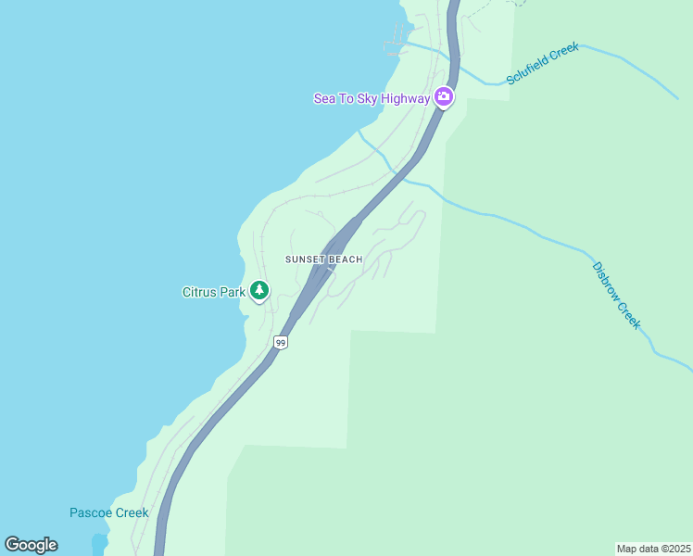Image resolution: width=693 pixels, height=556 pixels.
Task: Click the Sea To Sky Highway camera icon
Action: [444, 97]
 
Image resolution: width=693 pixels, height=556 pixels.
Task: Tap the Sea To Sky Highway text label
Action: [372, 98]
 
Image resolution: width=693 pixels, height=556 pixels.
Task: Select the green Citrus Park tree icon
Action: [259, 291]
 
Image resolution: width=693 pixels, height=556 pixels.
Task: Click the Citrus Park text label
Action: [214, 292]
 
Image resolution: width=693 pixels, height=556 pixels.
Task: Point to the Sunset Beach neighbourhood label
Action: [323, 259]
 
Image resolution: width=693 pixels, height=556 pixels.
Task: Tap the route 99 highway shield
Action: [281, 342]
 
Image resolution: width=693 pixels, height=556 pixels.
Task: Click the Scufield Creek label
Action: [542, 64]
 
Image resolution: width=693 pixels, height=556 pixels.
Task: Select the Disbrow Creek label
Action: [616, 295]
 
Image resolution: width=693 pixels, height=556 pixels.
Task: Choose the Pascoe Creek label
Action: [109, 512]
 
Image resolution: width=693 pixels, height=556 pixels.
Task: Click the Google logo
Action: [31, 545]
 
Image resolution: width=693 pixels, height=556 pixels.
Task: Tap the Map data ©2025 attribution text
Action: [653, 549]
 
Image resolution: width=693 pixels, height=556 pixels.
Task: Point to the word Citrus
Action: [199, 292]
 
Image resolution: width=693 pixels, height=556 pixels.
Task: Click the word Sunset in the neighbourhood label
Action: [304, 259]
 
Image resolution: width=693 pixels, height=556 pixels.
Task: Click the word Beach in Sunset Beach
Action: [344, 259]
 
